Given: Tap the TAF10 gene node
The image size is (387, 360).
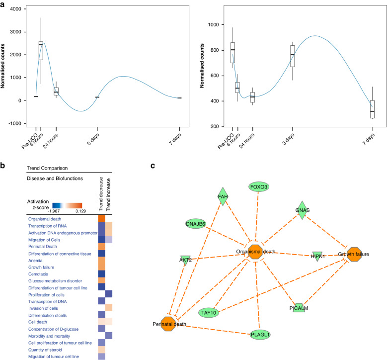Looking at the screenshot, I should (x=211, y=312).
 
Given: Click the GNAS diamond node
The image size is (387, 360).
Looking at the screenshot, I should (x=302, y=210).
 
